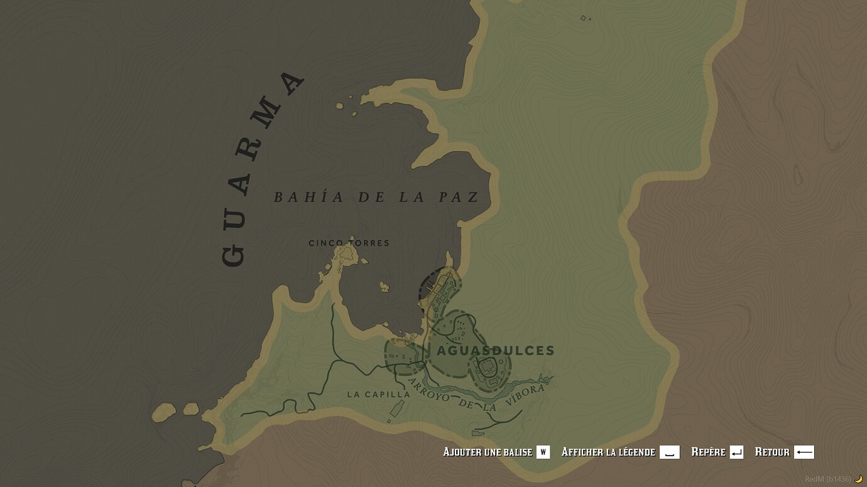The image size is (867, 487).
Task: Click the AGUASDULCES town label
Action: click(x=496, y=351)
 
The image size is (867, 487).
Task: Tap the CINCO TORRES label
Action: click(x=349, y=243)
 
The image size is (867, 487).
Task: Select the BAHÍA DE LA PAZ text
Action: click(x=376, y=197)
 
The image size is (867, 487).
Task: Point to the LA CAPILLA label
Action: click(x=378, y=395)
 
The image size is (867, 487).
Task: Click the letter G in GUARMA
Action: click(x=233, y=254)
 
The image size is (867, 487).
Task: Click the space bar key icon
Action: click(x=669, y=452)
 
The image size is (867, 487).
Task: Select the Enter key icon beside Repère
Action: click(x=736, y=452)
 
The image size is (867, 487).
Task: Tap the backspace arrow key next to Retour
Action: click(x=804, y=452)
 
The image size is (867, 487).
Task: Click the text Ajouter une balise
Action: click(x=487, y=452)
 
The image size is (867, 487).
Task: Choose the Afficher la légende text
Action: click(x=608, y=452)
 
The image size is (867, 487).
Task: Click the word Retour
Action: click(x=772, y=452)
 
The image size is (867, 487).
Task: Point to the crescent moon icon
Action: click(x=858, y=479)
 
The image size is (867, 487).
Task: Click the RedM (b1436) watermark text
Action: click(x=828, y=479)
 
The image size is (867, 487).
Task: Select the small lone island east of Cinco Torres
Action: click(x=384, y=287)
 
